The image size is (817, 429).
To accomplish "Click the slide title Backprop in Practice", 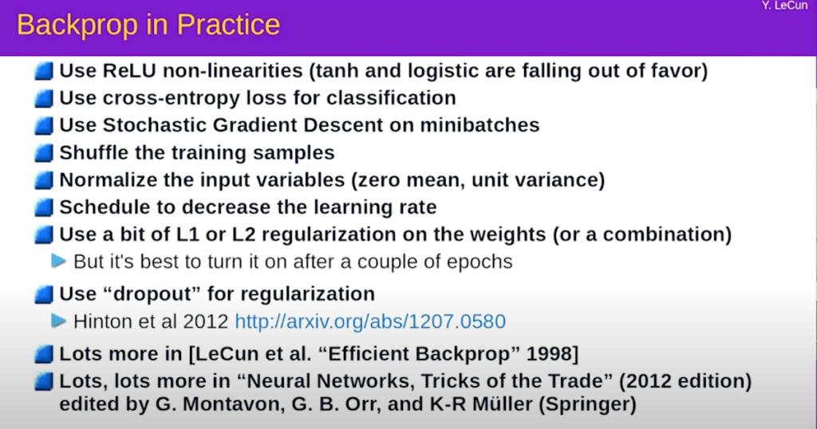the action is click(x=148, y=25).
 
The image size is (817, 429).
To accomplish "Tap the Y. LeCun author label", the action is click(x=785, y=6).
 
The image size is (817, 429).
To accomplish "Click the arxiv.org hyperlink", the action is click(x=370, y=321).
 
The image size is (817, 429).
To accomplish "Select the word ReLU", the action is click(x=129, y=70).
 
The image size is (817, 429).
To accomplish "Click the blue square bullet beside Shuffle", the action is click(x=44, y=153).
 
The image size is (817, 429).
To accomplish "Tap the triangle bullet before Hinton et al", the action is click(x=59, y=321).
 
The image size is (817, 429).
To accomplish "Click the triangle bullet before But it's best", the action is click(x=59, y=261).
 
